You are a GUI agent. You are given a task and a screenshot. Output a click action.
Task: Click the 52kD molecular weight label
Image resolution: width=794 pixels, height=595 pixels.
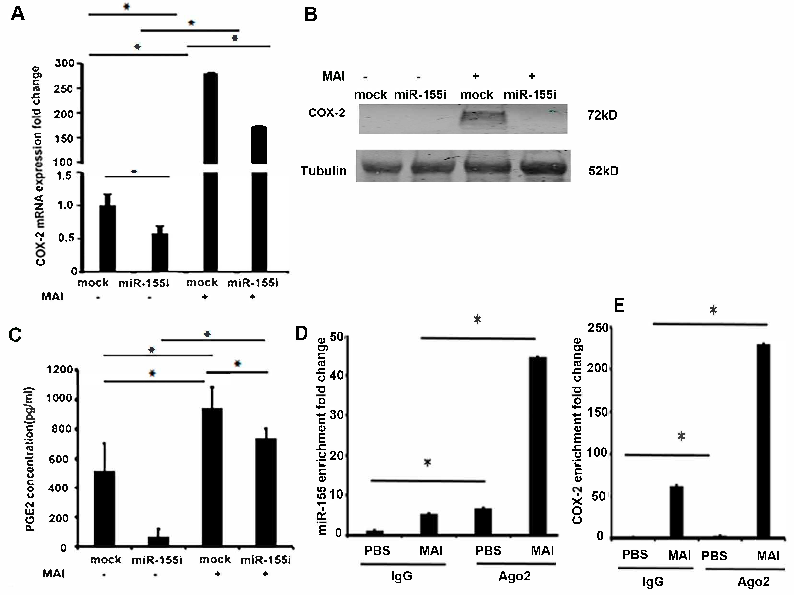click(x=603, y=171)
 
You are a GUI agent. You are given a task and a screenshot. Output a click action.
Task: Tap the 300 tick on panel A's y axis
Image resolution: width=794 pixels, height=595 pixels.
click(x=65, y=64)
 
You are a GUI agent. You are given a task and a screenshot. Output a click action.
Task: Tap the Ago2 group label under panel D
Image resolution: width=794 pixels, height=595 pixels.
click(x=514, y=576)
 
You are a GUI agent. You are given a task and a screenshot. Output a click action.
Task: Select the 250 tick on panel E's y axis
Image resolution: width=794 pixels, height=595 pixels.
click(x=598, y=328)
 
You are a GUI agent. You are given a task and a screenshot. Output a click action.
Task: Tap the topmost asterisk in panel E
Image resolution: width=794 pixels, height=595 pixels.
click(x=713, y=310)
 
